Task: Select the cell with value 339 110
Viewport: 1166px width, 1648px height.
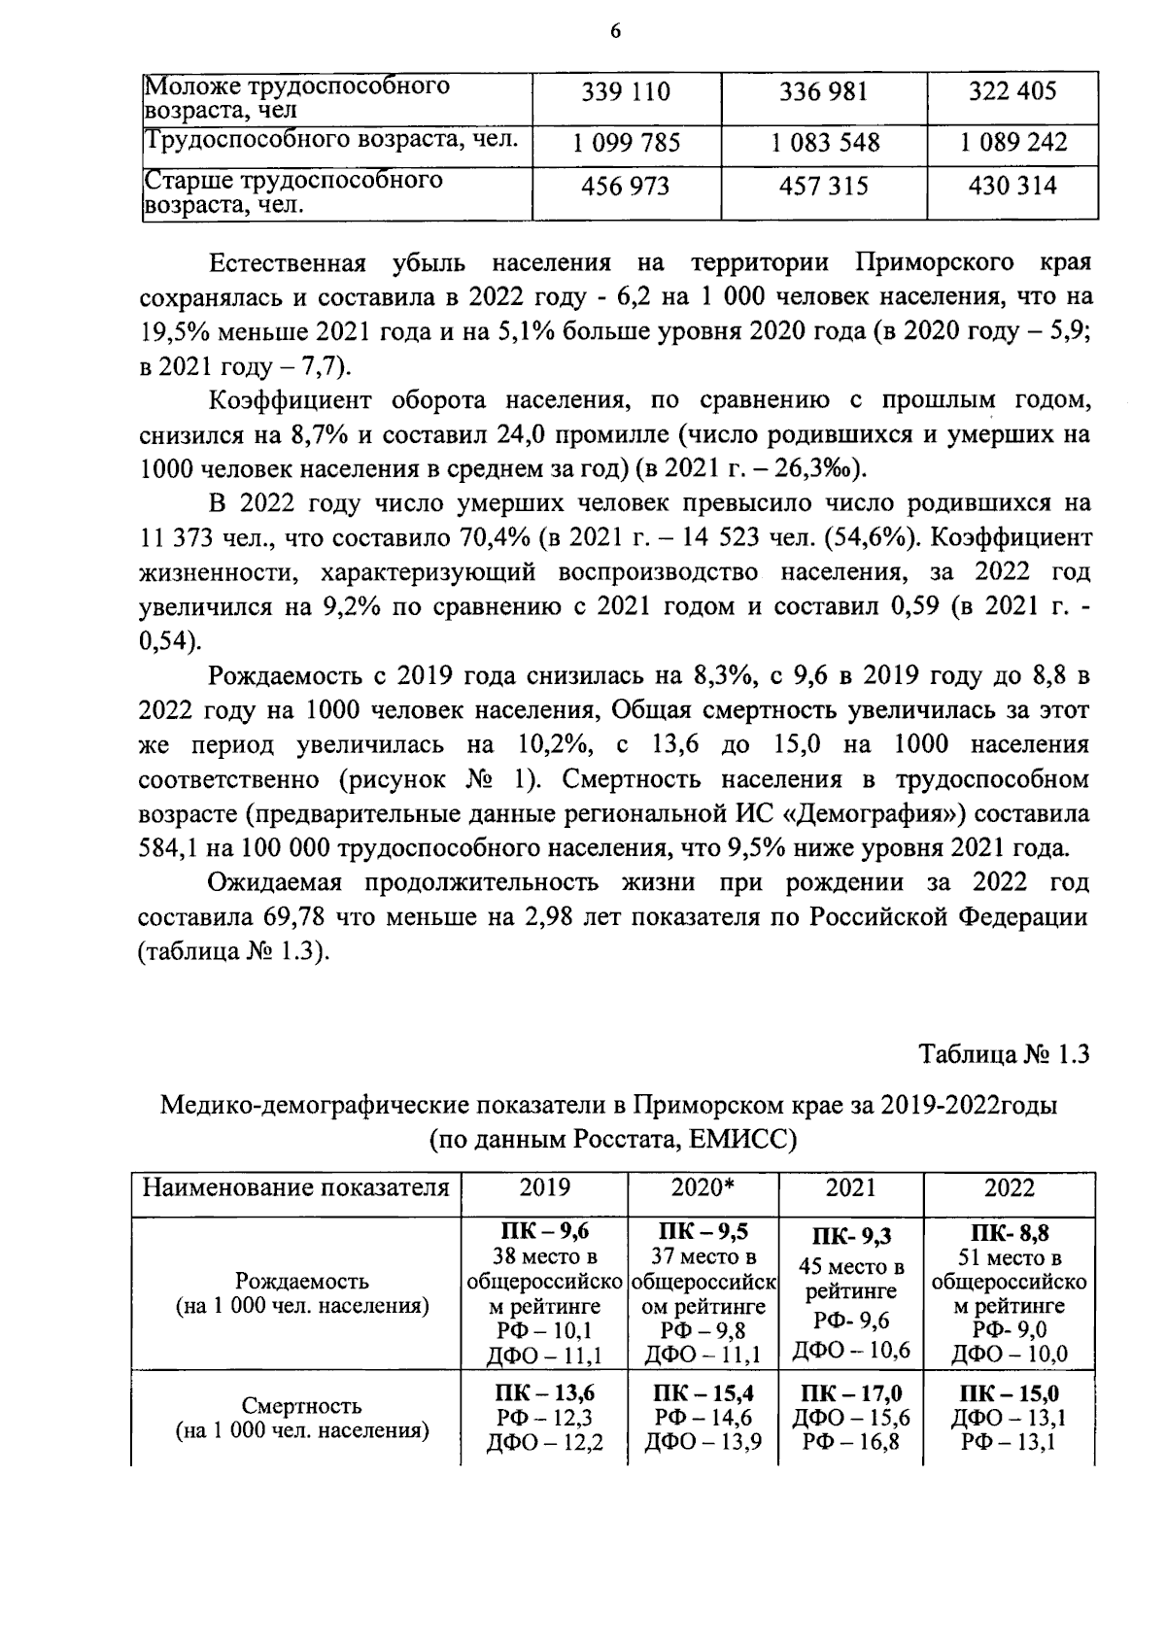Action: (626, 93)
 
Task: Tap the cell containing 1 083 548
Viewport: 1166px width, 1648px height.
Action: (825, 144)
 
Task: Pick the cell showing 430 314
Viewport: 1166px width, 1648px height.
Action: (1012, 186)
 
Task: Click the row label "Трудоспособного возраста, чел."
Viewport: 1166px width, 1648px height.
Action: (330, 142)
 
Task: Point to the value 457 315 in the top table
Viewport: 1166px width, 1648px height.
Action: (824, 186)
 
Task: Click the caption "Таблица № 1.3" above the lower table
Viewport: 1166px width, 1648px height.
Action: (1005, 1054)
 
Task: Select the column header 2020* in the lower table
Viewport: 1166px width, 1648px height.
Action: (703, 1187)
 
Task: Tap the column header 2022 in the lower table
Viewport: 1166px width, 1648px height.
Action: (1010, 1187)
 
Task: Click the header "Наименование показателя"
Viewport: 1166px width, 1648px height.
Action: (296, 1187)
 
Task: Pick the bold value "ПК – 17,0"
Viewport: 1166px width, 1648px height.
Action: (850, 1394)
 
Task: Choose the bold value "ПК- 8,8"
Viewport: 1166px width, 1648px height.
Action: (1010, 1234)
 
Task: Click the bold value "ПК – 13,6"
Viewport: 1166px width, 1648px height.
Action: (545, 1394)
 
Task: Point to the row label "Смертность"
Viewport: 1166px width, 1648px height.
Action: (301, 1405)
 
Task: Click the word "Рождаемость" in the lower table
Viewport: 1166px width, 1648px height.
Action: (301, 1283)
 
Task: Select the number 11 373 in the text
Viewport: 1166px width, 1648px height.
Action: (178, 537)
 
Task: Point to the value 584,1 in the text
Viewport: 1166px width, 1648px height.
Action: (170, 847)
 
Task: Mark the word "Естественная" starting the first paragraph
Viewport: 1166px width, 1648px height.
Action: (287, 263)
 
